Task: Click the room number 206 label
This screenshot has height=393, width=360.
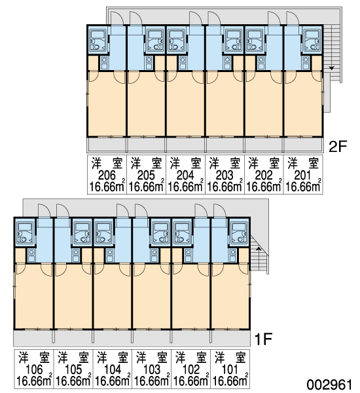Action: coord(107,176)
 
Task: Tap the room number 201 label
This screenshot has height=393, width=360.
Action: coord(302,176)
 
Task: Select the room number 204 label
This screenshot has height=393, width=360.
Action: coord(185,176)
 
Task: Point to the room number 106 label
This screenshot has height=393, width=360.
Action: coord(34,369)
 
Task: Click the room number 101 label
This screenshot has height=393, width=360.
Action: coord(230,369)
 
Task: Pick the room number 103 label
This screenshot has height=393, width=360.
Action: coord(152,369)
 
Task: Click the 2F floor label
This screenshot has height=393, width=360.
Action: coord(338,147)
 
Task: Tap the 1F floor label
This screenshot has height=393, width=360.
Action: coord(263,339)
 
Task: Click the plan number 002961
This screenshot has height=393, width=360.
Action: coord(330,384)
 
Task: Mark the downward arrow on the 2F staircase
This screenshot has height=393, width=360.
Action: coord(332,68)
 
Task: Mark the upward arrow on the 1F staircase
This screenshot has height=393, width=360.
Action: coord(259,249)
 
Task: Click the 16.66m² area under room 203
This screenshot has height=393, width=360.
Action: coord(225,187)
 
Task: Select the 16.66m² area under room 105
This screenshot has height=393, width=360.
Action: coord(73,381)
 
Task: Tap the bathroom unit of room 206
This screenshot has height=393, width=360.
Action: coord(98,41)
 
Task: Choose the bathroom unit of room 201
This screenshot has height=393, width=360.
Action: coord(312,41)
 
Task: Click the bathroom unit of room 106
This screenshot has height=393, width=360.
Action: coord(25,233)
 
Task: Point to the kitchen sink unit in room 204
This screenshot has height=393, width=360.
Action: coord(183,63)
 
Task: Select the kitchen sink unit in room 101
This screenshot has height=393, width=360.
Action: coord(233,255)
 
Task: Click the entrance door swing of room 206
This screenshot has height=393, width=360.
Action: coord(117,18)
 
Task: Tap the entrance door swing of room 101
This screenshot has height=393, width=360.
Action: coord(220,211)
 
